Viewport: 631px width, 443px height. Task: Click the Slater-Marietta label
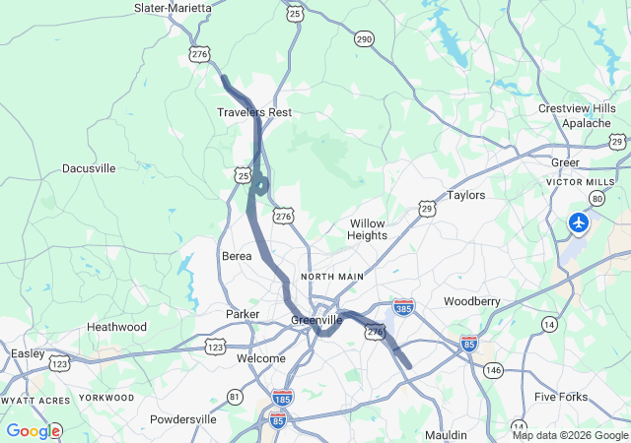(x=173, y=8)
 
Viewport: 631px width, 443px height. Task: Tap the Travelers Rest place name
(x=254, y=112)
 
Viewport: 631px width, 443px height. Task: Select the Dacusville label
(x=89, y=168)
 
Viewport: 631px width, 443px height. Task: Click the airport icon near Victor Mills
(x=579, y=222)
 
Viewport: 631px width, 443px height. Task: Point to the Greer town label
(x=565, y=161)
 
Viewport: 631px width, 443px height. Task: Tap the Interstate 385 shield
(x=403, y=307)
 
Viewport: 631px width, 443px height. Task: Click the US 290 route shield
(x=364, y=38)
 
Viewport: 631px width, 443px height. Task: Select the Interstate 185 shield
(x=281, y=399)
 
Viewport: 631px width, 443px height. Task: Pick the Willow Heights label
(x=367, y=229)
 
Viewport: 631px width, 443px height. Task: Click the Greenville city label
(x=316, y=320)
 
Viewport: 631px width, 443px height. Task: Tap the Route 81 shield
(x=235, y=396)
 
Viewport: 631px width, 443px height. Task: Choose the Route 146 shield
(x=493, y=369)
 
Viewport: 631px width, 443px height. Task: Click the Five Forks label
(x=560, y=397)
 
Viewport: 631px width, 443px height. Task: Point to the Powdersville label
(x=182, y=419)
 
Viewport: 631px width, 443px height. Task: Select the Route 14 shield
(x=549, y=323)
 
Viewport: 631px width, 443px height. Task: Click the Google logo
(x=33, y=430)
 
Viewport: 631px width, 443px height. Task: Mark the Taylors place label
(x=466, y=195)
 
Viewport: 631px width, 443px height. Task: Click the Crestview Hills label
(x=577, y=108)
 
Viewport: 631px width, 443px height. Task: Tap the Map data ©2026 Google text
(x=570, y=435)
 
